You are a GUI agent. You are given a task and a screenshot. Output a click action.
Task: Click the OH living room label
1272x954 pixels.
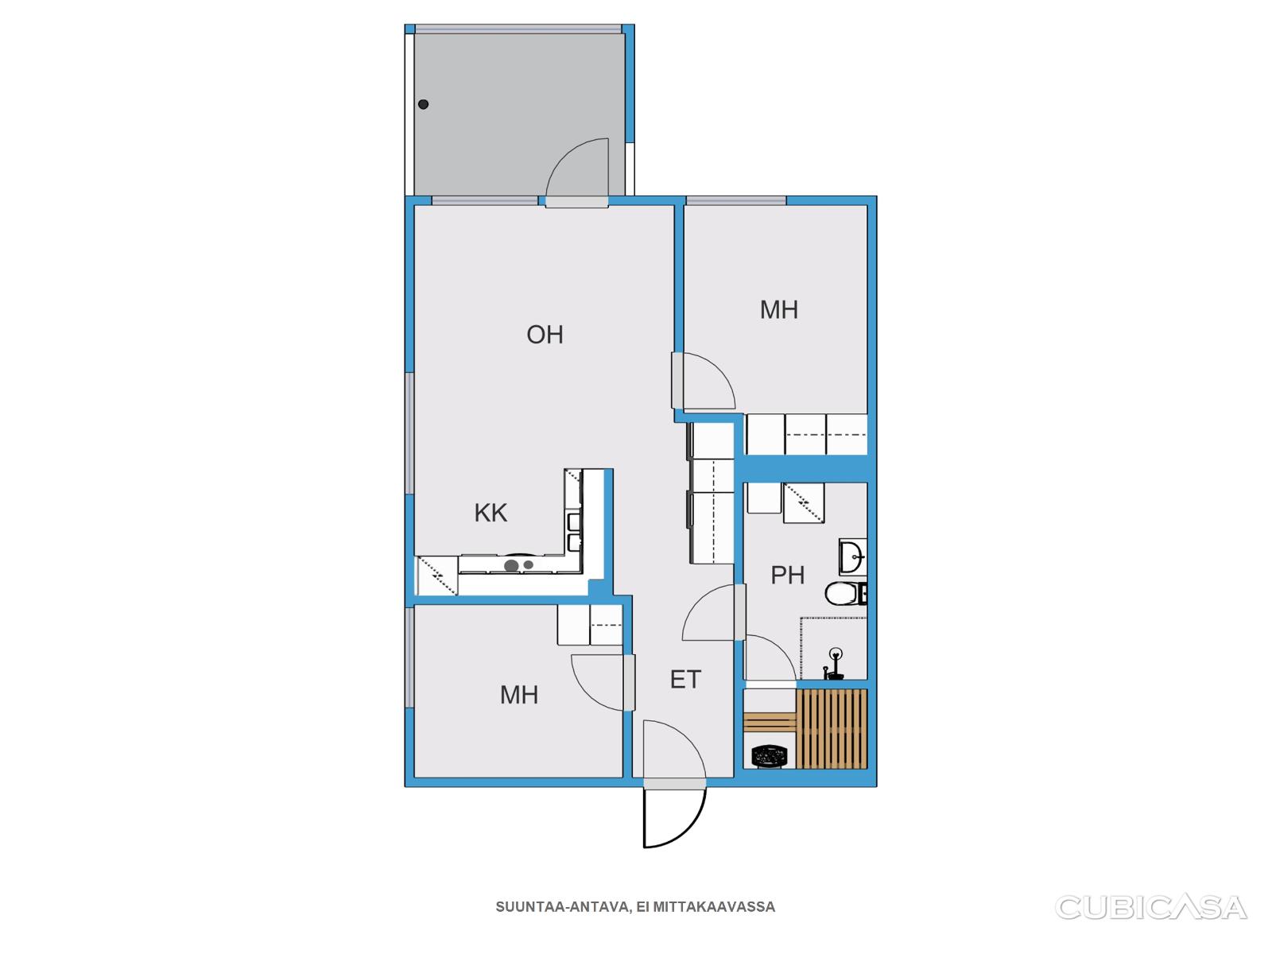click(544, 334)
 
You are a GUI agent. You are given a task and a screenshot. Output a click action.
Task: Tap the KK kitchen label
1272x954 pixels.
click(491, 513)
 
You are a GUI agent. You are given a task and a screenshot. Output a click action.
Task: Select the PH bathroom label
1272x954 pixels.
click(787, 575)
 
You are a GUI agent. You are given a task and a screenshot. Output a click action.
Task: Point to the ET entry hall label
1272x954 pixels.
click(685, 680)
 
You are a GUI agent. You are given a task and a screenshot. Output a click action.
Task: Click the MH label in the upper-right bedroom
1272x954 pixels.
click(779, 310)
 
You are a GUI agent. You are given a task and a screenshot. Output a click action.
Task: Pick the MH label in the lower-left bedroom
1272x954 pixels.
click(518, 695)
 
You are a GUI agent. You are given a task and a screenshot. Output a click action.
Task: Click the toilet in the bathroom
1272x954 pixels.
click(846, 594)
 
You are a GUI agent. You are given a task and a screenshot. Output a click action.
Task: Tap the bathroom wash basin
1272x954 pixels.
click(852, 556)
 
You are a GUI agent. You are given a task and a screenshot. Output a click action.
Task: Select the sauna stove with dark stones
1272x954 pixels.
click(770, 755)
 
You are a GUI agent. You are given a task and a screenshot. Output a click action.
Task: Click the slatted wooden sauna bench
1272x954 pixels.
click(832, 729)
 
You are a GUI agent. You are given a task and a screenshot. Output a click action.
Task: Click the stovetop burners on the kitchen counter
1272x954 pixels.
click(518, 564)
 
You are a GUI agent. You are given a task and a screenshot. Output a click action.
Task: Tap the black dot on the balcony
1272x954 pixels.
click(423, 104)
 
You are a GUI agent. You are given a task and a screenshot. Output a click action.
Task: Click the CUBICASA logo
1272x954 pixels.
click(1150, 908)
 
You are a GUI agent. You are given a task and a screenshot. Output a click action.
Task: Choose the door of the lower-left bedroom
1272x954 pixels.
click(603, 682)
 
